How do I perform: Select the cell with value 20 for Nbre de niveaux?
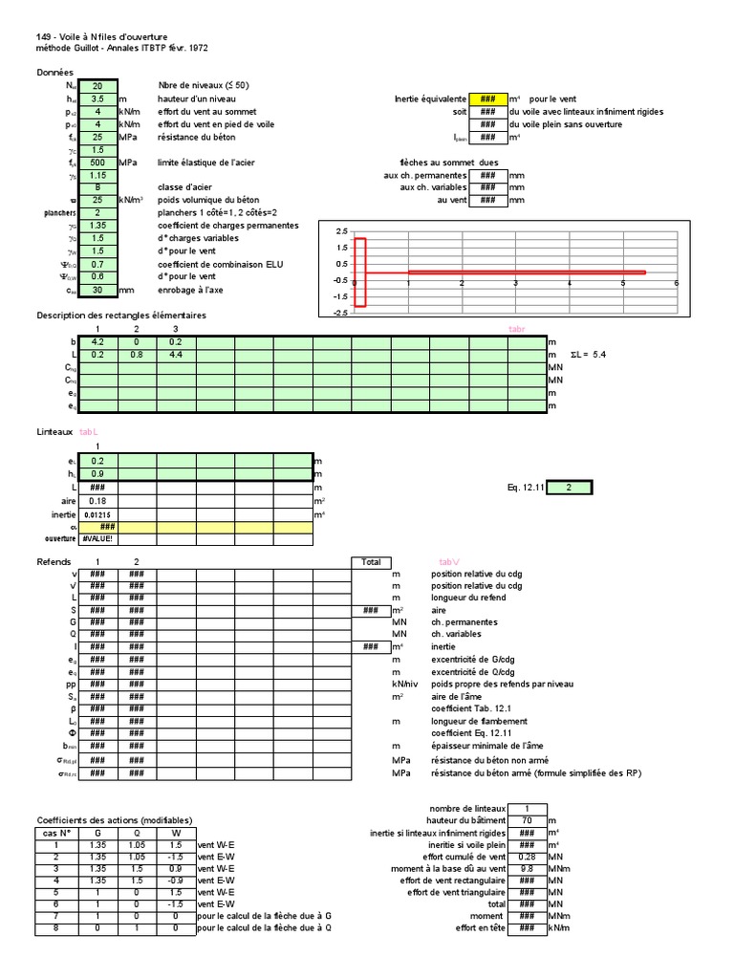[97, 85]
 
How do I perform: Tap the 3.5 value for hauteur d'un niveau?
[97, 98]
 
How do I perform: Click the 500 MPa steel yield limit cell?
[97, 163]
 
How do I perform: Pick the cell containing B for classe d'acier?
[97, 188]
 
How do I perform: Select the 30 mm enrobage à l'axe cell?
[97, 290]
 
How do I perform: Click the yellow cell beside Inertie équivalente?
[487, 98]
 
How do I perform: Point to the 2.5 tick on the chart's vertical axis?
[341, 232]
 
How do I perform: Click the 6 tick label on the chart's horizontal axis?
[676, 283]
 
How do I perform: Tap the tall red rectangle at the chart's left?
[359, 272]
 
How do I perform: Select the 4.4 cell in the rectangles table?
[176, 355]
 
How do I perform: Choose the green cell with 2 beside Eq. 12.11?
[569, 488]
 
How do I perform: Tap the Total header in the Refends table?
[371, 562]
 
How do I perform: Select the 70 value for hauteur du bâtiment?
[527, 820]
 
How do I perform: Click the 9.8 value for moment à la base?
[527, 869]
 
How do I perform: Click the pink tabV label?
[449, 562]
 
